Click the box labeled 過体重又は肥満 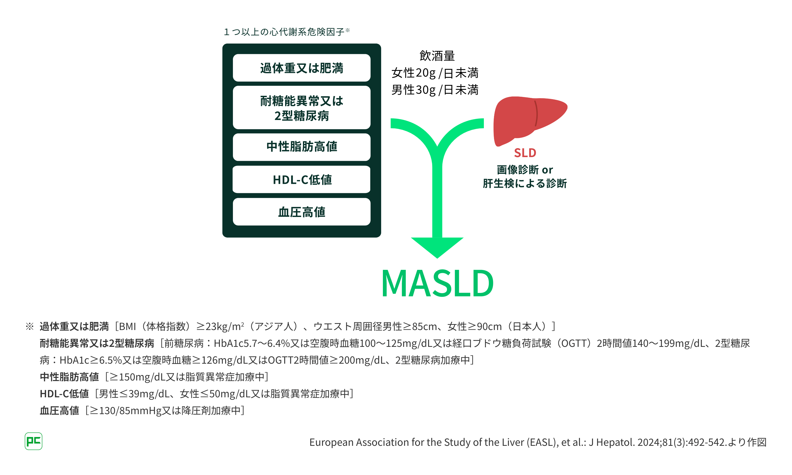click(x=301, y=68)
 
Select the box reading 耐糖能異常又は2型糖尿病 click(x=301, y=108)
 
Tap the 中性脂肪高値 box click(x=301, y=147)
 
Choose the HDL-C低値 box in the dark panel click(x=301, y=180)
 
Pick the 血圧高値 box click(x=301, y=212)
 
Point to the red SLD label click(x=525, y=153)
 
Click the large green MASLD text click(x=437, y=283)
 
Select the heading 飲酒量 click(x=437, y=56)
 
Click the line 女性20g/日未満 click(x=435, y=73)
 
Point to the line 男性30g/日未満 click(x=435, y=90)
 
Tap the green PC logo click(x=33, y=441)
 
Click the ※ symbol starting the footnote click(x=29, y=327)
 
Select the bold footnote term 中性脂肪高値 click(x=69, y=377)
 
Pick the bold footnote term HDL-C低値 click(x=64, y=394)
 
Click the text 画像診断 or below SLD click(x=525, y=170)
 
